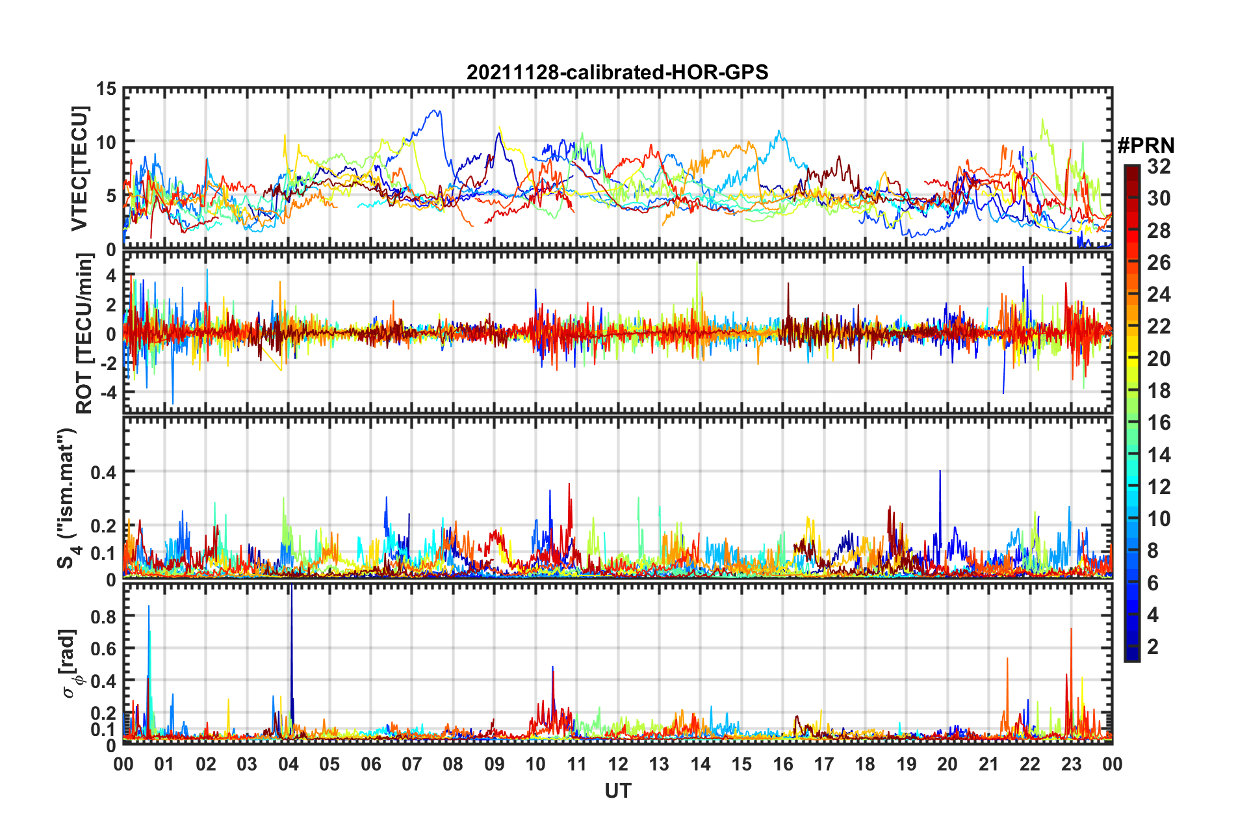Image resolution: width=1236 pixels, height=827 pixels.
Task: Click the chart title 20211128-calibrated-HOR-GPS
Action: pos(617,72)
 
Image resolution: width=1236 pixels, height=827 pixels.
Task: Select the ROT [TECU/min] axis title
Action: pos(84,334)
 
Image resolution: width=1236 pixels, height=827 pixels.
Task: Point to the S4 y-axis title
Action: pos(68,499)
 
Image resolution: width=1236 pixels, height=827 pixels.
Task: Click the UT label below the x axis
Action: pos(617,791)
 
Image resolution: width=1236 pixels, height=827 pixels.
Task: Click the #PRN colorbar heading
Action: pos(1146,146)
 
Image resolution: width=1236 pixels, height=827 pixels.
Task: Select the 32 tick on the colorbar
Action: pos(1159,166)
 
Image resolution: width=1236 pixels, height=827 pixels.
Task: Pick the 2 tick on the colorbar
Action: pos(1153,646)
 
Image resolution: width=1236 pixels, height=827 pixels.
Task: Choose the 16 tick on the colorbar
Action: pos(1159,423)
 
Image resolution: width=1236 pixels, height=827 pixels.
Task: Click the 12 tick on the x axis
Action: pos(618,764)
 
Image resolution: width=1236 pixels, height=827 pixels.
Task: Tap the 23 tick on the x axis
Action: pos(1071,764)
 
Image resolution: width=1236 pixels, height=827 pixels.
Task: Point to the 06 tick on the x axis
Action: pos(370,764)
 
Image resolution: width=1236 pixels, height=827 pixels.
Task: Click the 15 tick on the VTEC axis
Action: pos(106,88)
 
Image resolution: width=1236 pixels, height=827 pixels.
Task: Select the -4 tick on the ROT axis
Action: pos(106,392)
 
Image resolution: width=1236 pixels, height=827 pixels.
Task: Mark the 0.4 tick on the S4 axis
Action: pos(103,472)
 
